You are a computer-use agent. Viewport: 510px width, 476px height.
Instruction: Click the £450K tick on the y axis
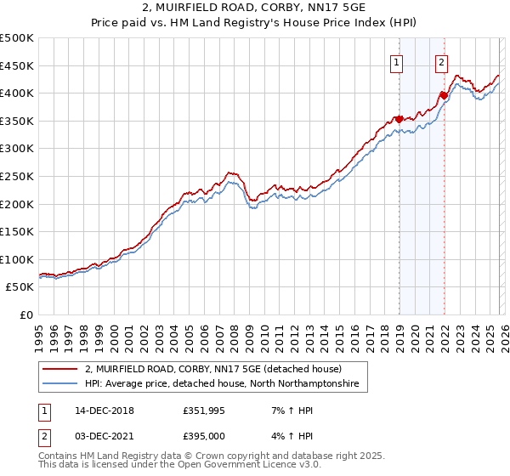coord(17,65)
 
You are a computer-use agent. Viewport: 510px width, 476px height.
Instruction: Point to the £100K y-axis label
coord(17,259)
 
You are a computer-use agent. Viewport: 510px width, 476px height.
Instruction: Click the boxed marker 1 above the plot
coord(398,61)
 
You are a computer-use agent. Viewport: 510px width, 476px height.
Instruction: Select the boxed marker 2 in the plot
coord(442,61)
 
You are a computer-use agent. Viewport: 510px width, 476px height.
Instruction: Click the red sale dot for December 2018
coord(399,119)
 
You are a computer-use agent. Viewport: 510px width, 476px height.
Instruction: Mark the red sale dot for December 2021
coord(443,95)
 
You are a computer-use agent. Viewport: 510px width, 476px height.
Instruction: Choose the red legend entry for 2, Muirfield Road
coord(212,370)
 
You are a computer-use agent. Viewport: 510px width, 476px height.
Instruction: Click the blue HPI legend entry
coord(221,384)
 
